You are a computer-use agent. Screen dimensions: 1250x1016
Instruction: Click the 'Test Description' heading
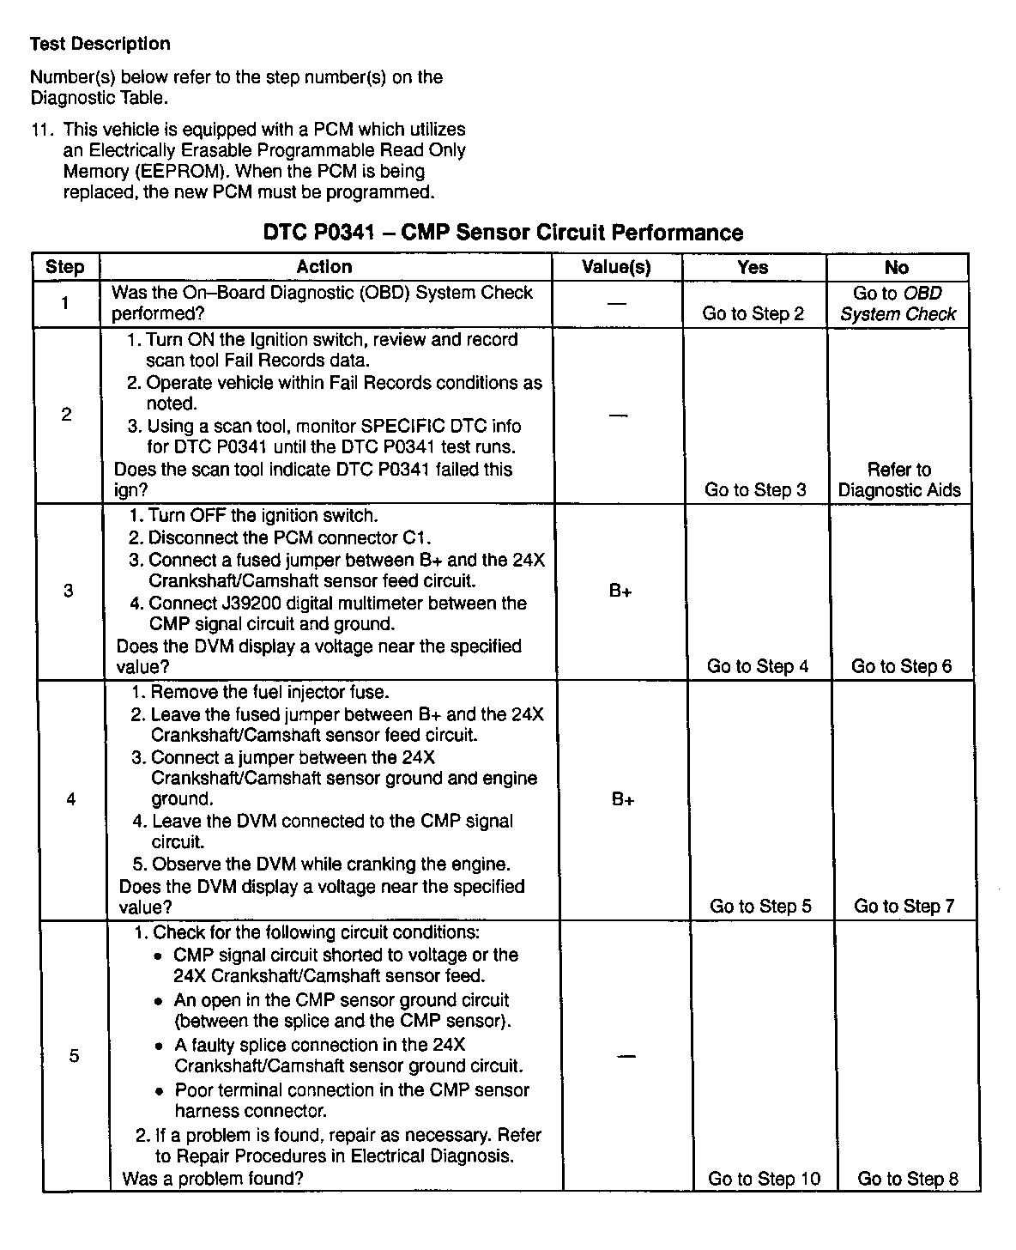[100, 44]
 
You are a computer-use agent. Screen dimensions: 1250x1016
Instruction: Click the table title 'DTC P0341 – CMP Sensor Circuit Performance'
[502, 233]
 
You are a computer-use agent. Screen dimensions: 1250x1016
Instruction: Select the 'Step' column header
[64, 267]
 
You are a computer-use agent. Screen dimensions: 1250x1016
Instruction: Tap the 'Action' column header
[324, 267]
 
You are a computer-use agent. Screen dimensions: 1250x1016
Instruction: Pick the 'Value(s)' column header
[616, 267]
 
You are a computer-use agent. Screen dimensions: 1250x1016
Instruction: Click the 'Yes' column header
[753, 267]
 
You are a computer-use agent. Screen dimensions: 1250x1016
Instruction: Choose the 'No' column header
[896, 267]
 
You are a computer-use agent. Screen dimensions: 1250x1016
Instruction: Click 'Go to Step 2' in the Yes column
[753, 313]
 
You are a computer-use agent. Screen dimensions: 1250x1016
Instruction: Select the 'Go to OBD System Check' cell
[898, 304]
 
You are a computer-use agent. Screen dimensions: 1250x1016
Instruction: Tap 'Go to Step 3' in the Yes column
[755, 490]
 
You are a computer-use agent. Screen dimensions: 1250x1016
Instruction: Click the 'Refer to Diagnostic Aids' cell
[899, 480]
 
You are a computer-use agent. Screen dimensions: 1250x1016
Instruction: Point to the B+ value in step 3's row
[620, 592]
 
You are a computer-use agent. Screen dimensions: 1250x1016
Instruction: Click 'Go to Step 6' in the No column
[901, 666]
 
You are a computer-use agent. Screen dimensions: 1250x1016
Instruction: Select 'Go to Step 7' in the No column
[904, 907]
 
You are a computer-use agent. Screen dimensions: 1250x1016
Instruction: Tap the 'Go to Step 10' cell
[764, 1179]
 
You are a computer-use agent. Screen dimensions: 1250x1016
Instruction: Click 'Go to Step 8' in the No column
[908, 1179]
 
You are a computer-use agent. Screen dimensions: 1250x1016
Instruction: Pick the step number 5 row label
[74, 1055]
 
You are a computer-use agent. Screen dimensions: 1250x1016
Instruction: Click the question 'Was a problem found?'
[213, 1179]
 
